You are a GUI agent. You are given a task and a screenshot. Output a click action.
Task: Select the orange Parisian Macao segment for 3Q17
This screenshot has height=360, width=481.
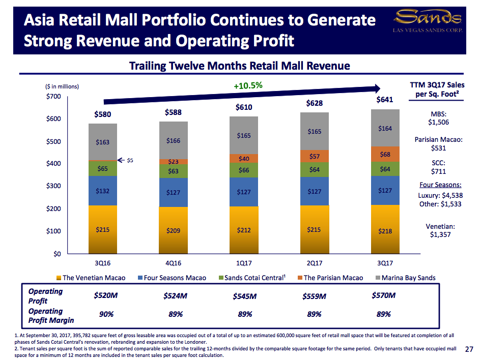(385, 154)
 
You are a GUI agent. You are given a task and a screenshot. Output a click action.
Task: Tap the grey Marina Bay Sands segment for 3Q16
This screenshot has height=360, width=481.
(103, 142)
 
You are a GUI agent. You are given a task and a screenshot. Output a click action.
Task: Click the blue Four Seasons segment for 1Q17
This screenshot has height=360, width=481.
(244, 192)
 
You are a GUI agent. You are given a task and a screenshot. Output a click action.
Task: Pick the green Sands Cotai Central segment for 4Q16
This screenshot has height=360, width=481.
(173, 171)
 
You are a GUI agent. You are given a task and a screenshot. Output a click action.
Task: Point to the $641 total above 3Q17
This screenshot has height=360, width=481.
(385, 100)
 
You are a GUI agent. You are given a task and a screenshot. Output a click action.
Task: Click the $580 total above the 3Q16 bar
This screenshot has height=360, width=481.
(103, 114)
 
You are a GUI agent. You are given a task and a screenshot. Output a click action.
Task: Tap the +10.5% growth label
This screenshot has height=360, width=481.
(248, 86)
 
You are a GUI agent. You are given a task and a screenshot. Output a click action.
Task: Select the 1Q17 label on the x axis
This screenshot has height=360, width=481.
(244, 263)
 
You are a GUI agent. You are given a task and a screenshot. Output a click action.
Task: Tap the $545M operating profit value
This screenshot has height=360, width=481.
(245, 296)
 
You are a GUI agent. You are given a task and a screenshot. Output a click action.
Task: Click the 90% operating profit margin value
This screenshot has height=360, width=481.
(106, 314)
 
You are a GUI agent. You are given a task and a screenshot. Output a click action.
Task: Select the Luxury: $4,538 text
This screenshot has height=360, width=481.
(440, 195)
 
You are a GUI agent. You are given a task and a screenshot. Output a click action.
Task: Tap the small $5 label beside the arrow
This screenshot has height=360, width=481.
(130, 161)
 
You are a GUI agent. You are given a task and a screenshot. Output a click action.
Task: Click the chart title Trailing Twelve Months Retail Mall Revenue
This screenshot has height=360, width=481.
(239, 66)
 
